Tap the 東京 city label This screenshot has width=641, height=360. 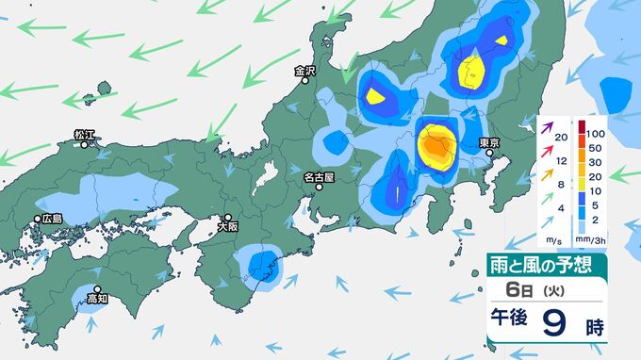488,142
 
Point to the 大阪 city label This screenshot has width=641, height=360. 227,226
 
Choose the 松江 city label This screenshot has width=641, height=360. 85,135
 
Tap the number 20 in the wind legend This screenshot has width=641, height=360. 562,139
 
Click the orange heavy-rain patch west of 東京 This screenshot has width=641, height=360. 436,145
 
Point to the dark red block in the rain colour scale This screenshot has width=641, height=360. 582,126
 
